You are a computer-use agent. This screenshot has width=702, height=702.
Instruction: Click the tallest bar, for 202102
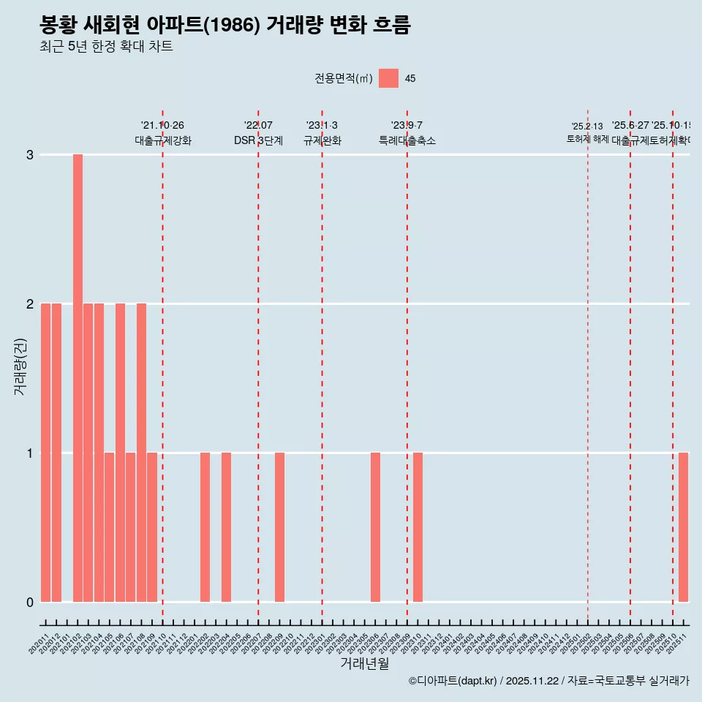coord(78,378)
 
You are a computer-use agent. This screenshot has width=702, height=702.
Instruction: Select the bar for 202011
coord(45,453)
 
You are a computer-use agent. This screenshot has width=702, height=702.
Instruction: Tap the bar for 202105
coord(109,527)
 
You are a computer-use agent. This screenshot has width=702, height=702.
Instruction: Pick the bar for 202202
coord(205,527)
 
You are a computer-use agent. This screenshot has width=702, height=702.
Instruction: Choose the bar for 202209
coord(279,527)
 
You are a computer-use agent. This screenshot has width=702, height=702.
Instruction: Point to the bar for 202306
coord(375,527)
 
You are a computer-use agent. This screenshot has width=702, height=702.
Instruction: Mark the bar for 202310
coord(418,527)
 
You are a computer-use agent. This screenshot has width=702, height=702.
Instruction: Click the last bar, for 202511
coord(683,527)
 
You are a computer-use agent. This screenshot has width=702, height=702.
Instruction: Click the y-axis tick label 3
coord(30,155)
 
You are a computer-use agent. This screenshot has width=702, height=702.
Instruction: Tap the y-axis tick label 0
coord(30,602)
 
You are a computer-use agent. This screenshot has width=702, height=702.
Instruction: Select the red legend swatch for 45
coord(388,78)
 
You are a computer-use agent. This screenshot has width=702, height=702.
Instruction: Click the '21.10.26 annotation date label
coord(162,126)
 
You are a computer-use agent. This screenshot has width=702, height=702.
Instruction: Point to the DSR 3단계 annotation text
coord(258,140)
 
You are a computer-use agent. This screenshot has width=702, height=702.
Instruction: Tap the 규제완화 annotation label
coord(322,140)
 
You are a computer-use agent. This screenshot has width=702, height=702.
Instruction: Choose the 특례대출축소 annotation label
coord(407,140)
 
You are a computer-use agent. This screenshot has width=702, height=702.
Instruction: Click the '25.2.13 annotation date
coord(587,127)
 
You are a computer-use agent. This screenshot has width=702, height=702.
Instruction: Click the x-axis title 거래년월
coord(364,663)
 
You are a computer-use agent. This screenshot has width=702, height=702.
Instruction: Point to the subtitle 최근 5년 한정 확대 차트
coord(106,48)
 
